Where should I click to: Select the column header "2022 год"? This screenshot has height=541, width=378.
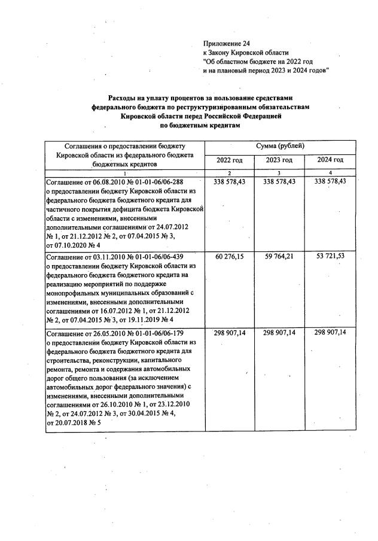coord(230,160)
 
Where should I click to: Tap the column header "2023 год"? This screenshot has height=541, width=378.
coord(280,160)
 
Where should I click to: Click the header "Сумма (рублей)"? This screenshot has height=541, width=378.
coord(281,146)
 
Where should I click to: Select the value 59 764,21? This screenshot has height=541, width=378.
coord(280,257)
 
